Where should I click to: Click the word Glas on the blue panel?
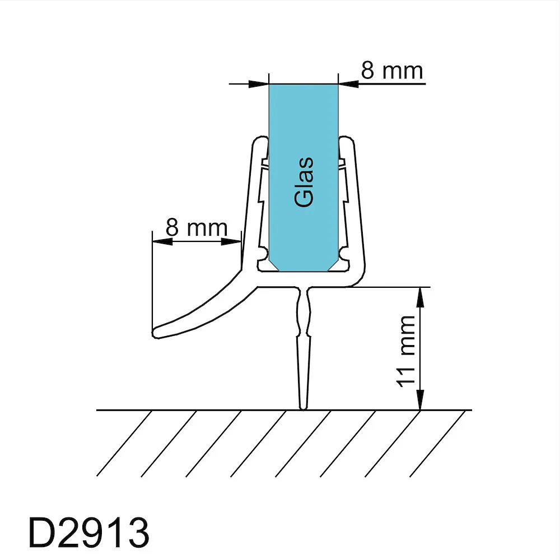click(x=304, y=182)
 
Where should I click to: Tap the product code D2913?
click(x=88, y=533)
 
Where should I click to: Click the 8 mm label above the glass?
click(x=392, y=70)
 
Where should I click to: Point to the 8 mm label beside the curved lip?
click(x=197, y=227)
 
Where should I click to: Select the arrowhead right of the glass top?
click(x=348, y=84)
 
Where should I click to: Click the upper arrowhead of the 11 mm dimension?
click(x=420, y=297)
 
